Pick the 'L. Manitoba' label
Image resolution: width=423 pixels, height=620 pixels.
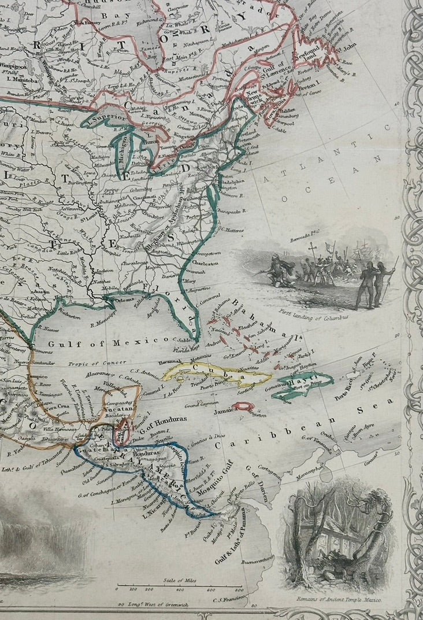[21, 79]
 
